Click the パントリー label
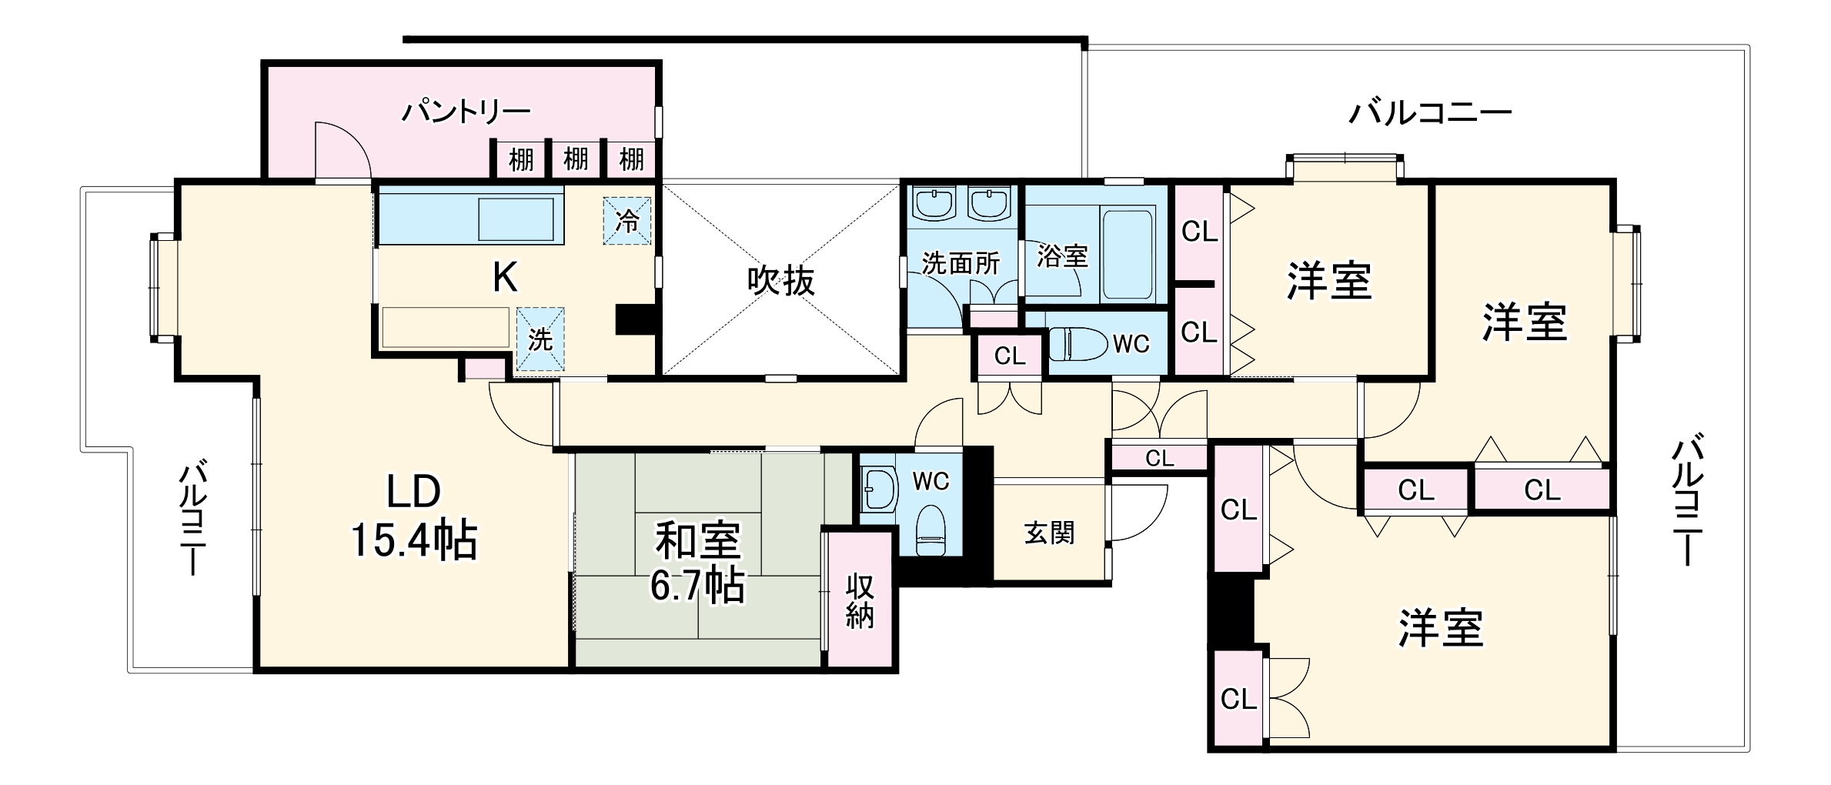click(x=466, y=112)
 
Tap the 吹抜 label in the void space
click(x=780, y=282)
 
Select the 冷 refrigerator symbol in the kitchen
click(x=627, y=222)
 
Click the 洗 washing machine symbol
click(x=540, y=339)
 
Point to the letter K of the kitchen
click(x=505, y=278)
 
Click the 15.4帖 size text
click(x=414, y=539)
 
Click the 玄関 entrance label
click(x=1050, y=533)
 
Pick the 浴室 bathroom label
click(x=1062, y=256)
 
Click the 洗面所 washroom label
click(x=961, y=263)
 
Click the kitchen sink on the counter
click(x=516, y=220)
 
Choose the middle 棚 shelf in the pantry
click(x=576, y=159)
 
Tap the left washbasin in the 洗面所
click(x=934, y=203)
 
